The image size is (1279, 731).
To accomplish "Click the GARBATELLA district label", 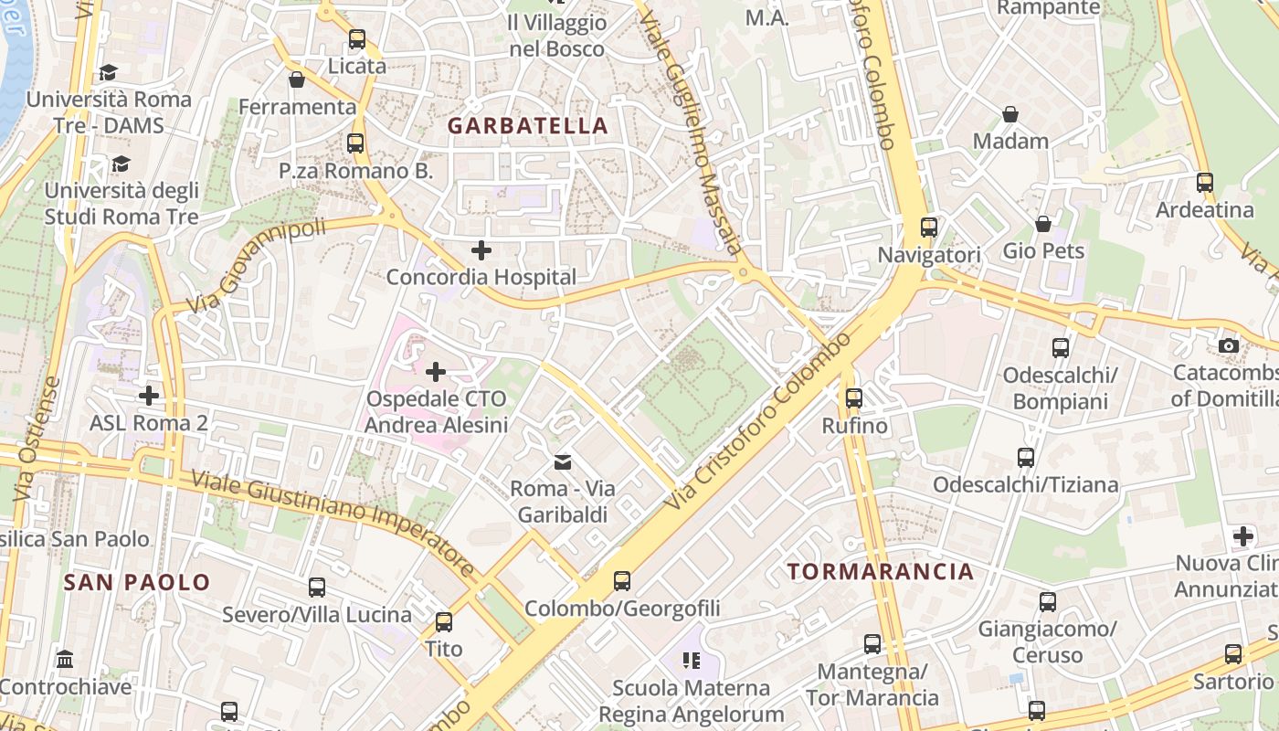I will point(527,126).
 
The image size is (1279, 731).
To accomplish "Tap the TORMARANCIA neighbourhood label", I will point(881,572).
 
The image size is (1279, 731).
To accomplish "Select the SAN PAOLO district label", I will point(137,582).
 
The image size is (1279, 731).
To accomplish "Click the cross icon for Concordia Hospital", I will point(481,249).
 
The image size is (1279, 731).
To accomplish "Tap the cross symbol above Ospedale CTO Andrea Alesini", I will point(436,372).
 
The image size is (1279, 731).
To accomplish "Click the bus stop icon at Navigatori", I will point(929,228).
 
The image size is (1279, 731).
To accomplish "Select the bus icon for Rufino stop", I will point(854,398).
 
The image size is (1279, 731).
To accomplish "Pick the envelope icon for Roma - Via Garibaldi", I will point(563,462).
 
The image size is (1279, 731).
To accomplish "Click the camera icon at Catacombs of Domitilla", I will point(1229,345).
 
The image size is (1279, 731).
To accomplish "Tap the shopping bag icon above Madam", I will point(1010,114).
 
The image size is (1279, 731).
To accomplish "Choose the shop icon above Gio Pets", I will point(1042,224).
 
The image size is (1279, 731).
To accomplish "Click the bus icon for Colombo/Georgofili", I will point(622,580).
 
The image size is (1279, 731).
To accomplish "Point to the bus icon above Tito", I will point(444,622).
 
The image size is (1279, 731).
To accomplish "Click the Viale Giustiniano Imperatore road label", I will point(333,524).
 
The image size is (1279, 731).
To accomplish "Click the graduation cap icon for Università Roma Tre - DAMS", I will point(109,72).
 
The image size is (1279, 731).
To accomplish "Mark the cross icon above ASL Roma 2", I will point(149,396).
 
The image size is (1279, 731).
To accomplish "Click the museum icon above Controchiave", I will point(65,659).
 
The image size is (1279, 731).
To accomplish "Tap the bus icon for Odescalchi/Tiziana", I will point(1026,458).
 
